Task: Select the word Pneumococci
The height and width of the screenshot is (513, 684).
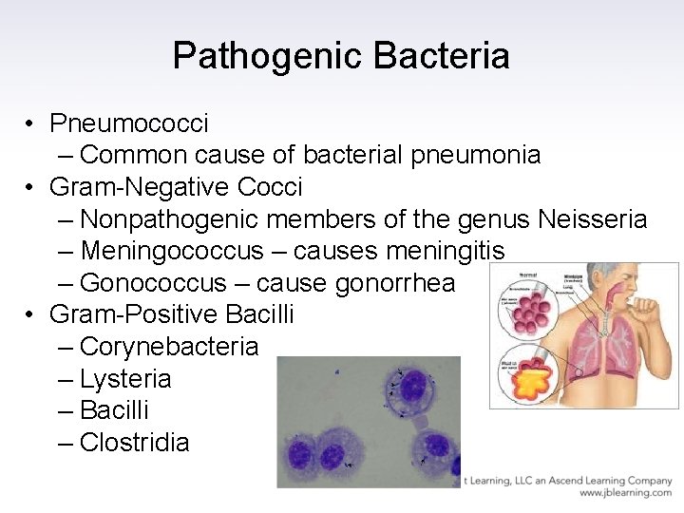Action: [x=129, y=123]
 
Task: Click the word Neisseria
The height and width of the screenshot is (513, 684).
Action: [x=592, y=219]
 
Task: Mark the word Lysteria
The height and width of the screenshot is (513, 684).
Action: [x=125, y=379]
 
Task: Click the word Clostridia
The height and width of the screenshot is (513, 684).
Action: [x=135, y=443]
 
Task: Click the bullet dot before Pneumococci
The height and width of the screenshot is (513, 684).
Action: [x=31, y=123]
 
